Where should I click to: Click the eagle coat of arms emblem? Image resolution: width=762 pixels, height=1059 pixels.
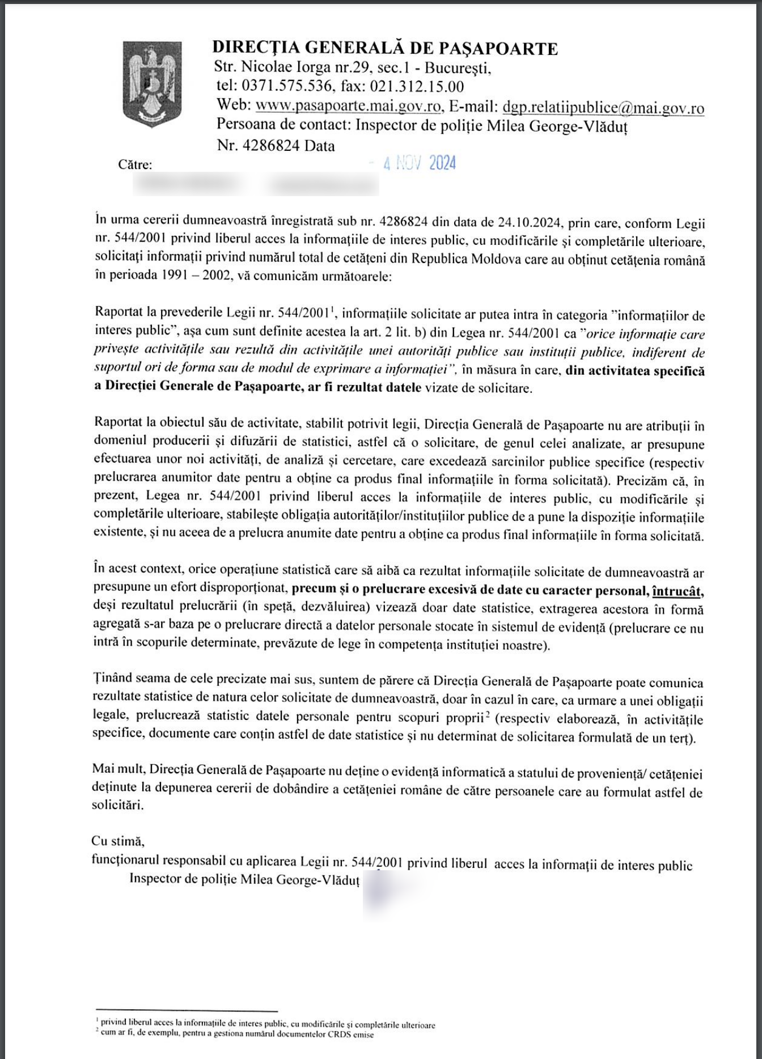click(152, 82)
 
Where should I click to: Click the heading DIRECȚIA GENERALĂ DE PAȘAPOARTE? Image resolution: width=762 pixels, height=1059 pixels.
click(385, 49)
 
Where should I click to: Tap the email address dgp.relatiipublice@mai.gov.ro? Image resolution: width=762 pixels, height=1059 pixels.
click(603, 107)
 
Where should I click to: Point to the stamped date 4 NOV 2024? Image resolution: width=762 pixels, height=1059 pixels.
click(419, 164)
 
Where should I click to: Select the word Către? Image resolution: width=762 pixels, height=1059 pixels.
click(135, 165)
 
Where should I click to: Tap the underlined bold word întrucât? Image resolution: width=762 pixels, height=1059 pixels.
click(678, 591)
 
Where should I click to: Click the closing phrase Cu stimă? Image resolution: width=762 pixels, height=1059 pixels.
click(118, 841)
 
